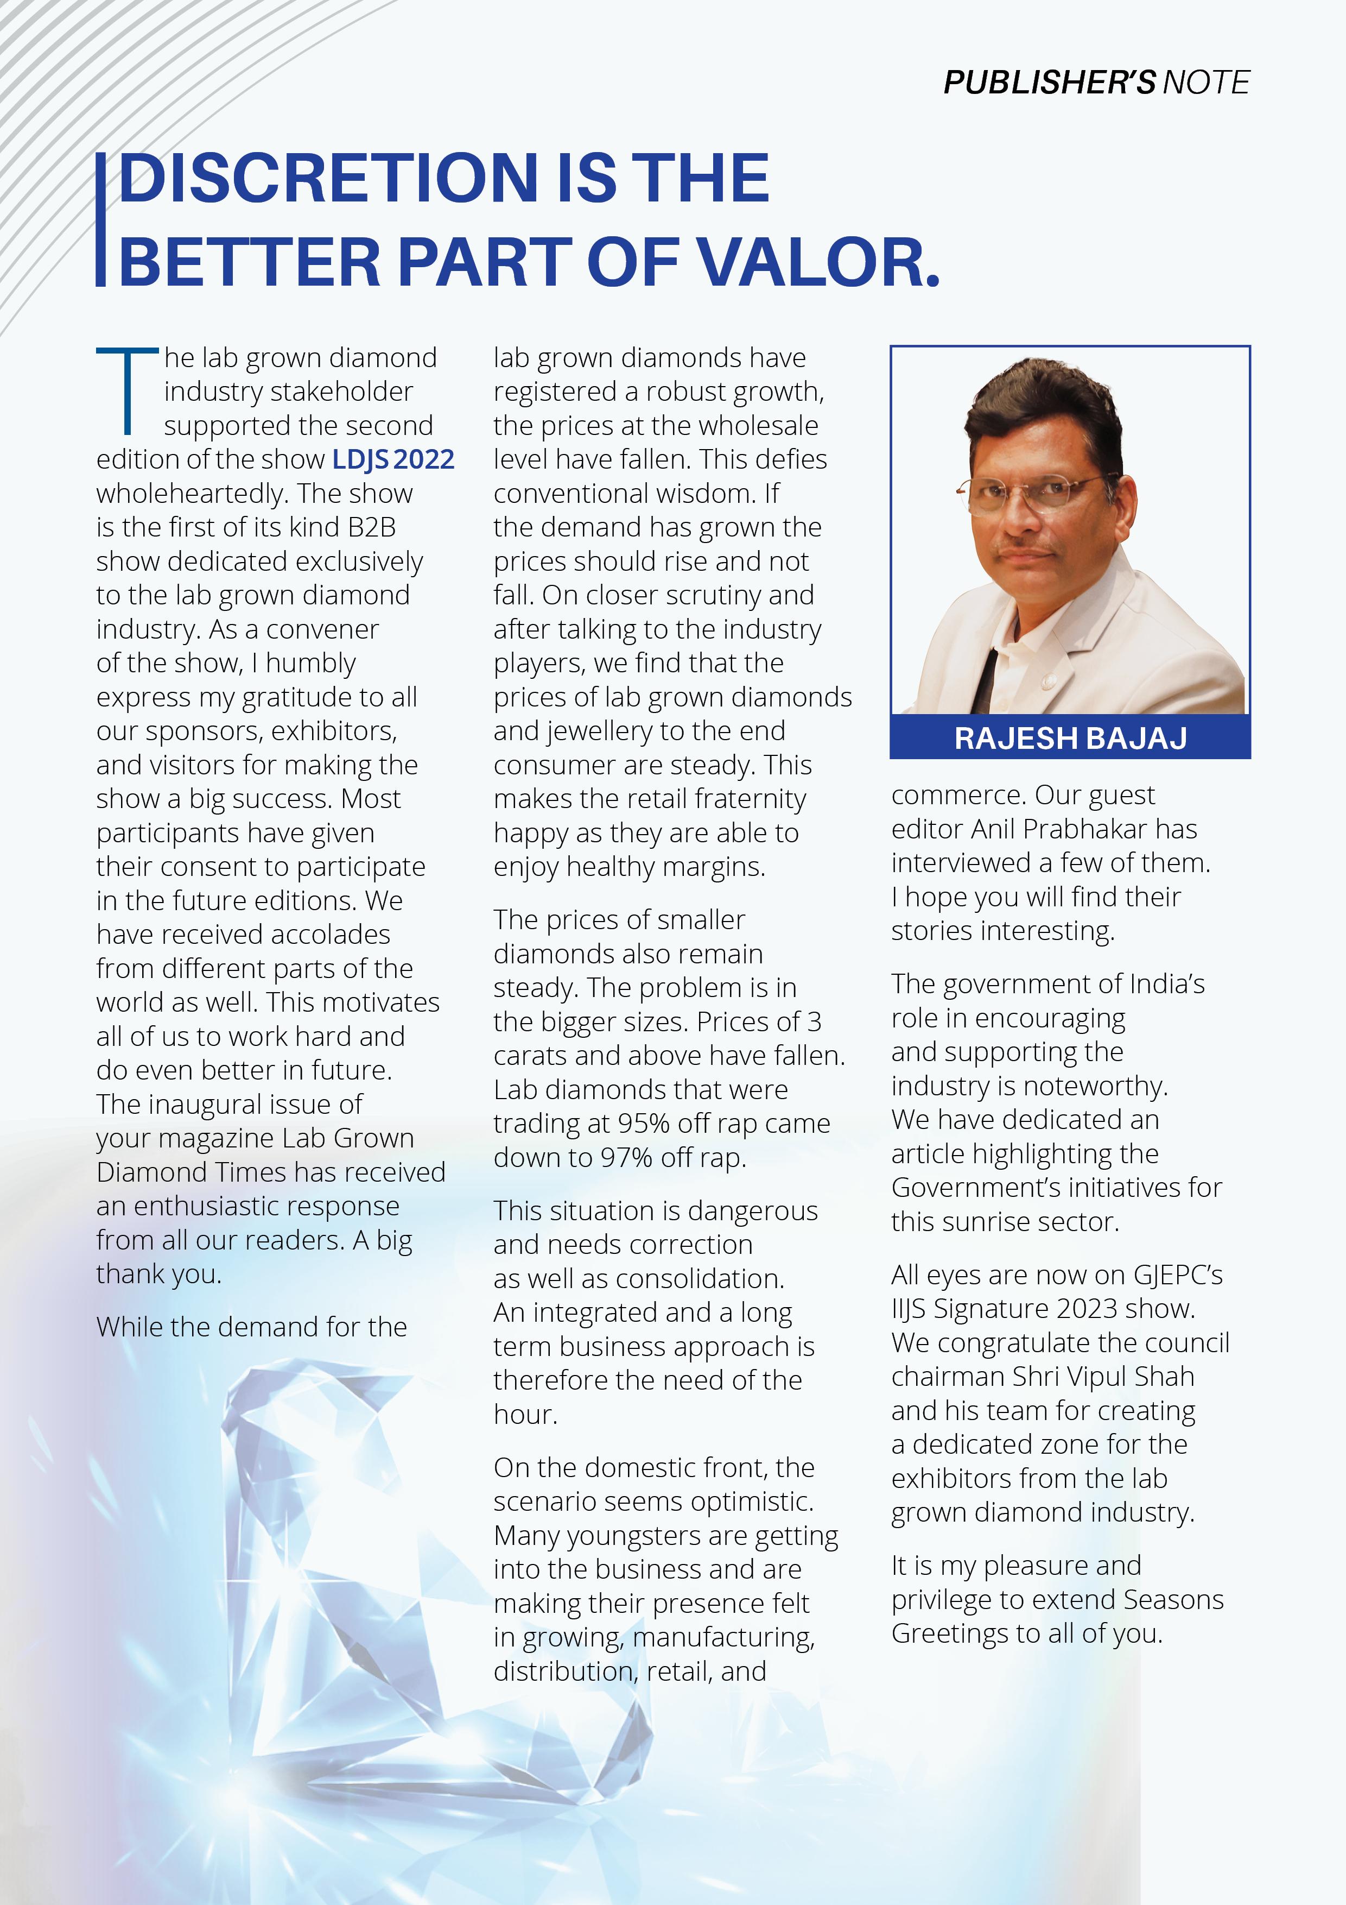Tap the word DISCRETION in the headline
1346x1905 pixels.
(329, 178)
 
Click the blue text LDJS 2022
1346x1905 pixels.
(393, 459)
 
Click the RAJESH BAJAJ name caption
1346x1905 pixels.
(1070, 737)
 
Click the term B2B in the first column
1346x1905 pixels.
(372, 528)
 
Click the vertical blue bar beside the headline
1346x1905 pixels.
(100, 220)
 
